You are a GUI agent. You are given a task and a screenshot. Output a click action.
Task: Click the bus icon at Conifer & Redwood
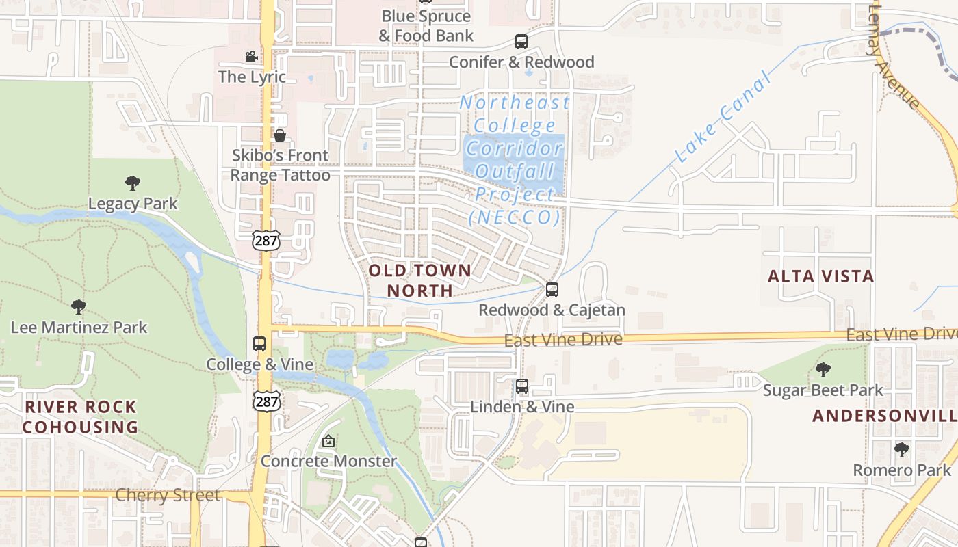coord(521,42)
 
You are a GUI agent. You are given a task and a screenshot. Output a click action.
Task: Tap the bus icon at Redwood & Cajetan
coord(552,290)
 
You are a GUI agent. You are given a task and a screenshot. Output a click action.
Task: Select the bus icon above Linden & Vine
coord(522,386)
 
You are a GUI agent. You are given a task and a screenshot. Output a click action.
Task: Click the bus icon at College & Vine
coord(259,344)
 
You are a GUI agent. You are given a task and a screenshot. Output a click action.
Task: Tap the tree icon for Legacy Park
coord(133,183)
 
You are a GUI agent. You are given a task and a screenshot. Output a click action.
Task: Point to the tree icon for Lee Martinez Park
coord(79,307)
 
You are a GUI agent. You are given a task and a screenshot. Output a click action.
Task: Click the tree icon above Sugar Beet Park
coord(823,370)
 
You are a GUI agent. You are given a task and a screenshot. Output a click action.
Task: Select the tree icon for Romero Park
coord(902,450)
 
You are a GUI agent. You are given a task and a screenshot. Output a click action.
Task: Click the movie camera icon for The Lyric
coord(252,56)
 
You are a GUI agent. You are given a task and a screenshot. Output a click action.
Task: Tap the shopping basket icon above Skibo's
coord(279,135)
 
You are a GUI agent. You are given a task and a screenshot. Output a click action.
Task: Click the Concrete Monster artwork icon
coord(328,441)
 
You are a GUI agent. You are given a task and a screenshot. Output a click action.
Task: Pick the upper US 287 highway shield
coord(266,240)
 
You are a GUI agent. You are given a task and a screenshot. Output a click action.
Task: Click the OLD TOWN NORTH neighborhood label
coord(420,280)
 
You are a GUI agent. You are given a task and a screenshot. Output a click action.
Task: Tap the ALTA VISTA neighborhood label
coord(820,276)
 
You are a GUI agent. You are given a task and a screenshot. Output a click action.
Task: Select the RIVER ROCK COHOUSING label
coord(81,417)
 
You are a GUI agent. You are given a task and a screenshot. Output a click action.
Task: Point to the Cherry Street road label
coord(168,495)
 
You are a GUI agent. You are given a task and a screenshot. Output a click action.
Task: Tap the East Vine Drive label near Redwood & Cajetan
coord(563,340)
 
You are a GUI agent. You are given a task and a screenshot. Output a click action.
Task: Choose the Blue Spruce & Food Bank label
coord(426,25)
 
